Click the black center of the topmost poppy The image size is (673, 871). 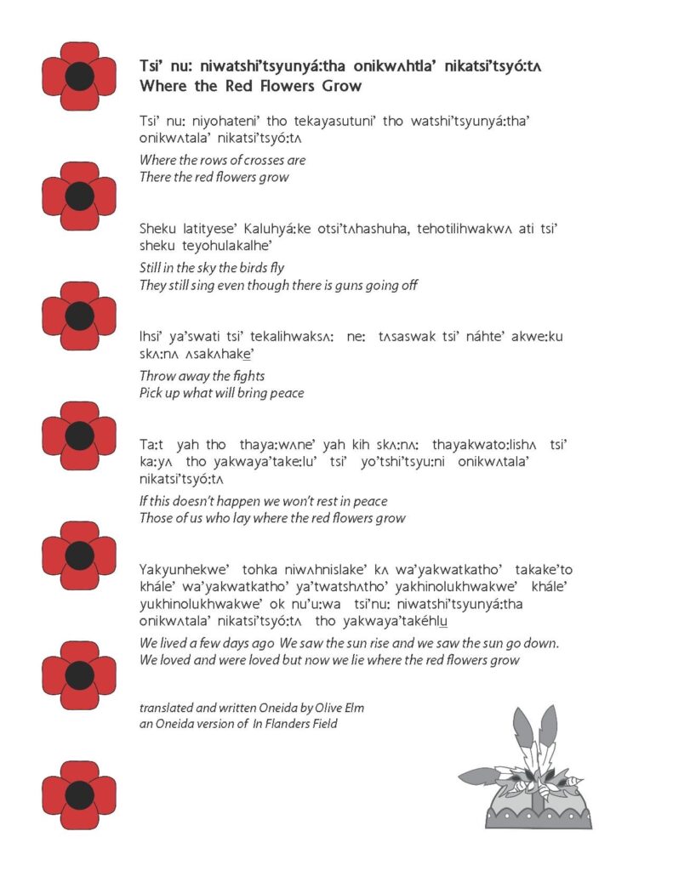click(79, 76)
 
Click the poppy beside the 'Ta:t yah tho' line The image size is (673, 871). click(79, 435)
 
